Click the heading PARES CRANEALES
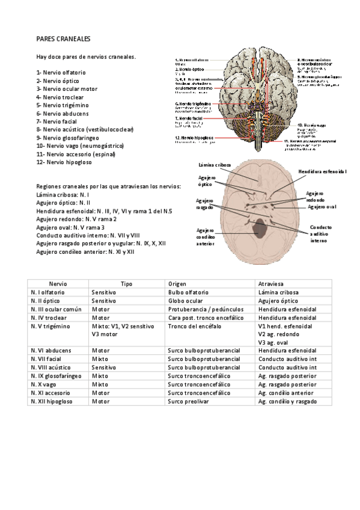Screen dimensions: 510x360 (63, 38)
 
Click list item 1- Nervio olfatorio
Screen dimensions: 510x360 (61, 72)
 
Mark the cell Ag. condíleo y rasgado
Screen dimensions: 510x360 (287, 401)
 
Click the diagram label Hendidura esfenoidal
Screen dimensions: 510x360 (323, 171)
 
